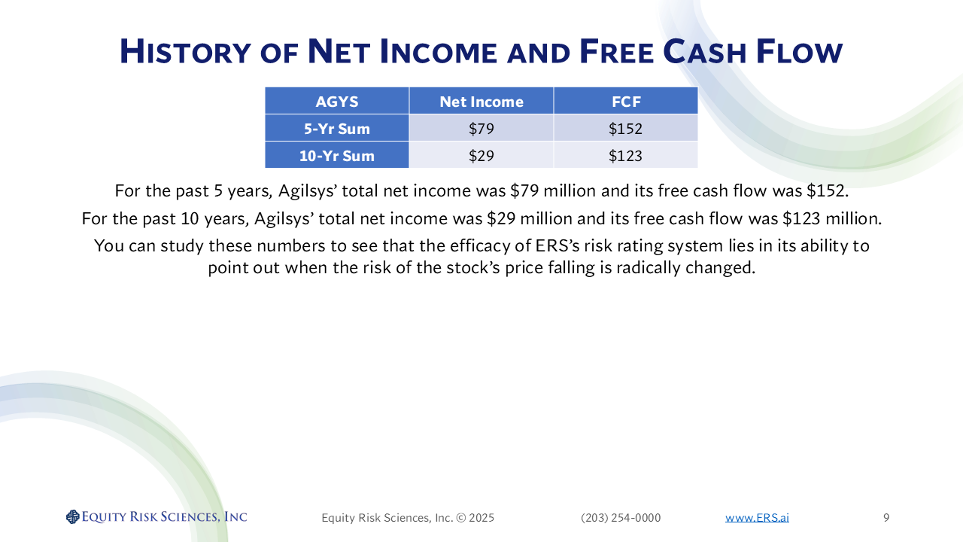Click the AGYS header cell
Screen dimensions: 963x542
[x=336, y=101]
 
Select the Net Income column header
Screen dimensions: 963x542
[x=481, y=101]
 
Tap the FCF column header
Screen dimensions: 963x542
[x=625, y=101]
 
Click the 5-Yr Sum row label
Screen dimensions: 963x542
[x=336, y=128]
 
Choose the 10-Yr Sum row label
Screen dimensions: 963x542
[x=336, y=155]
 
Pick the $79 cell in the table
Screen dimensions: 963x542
[x=481, y=128]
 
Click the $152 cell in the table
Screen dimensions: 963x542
[x=625, y=128]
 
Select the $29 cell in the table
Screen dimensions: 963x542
[x=481, y=155]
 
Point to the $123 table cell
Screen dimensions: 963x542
[x=625, y=155]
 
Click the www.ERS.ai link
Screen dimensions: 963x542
[x=757, y=517]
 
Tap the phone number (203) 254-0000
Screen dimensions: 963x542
[x=621, y=517]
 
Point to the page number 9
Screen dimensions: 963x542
[x=886, y=517]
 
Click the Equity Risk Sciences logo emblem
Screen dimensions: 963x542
[x=73, y=516]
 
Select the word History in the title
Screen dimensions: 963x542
[x=185, y=52]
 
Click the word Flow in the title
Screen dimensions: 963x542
[x=799, y=52]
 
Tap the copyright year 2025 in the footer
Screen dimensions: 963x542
[x=481, y=517]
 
